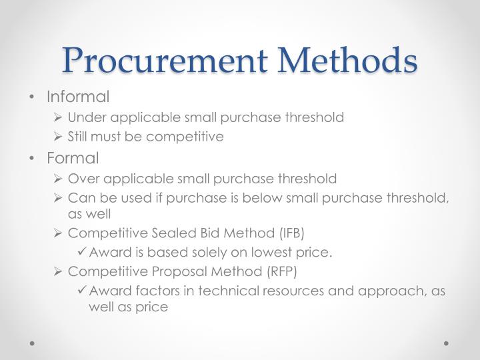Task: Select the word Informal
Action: click(x=78, y=97)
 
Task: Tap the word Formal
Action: click(x=73, y=158)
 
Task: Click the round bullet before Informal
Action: click(x=34, y=97)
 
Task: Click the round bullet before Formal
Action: click(x=34, y=159)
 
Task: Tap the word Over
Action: click(x=81, y=179)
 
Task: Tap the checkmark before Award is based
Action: click(x=83, y=252)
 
